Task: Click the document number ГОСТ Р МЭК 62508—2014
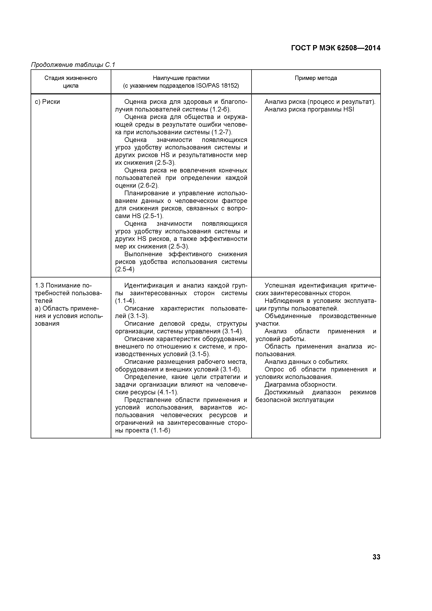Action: click(336, 48)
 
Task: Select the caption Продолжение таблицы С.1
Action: click(73, 65)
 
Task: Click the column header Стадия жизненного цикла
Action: click(71, 82)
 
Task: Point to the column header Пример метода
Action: click(316, 78)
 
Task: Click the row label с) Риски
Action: click(48, 102)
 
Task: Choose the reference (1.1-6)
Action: click(160, 430)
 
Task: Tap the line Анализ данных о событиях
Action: click(306, 362)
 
